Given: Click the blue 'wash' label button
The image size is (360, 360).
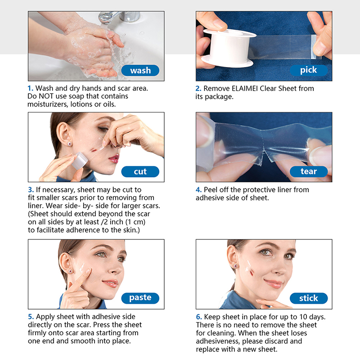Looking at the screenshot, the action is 140,70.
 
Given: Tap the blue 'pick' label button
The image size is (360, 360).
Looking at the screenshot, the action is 309,70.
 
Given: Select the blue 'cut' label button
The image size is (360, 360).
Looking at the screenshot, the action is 140,171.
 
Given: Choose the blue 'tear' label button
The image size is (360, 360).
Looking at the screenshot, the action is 309,171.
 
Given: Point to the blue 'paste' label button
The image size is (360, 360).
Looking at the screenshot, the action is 140,298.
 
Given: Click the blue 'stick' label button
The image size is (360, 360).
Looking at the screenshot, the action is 309,298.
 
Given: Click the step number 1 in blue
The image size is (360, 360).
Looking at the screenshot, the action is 30,88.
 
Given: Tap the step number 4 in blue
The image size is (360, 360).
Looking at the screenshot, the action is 198,190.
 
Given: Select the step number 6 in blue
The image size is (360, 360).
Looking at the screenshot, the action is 199,317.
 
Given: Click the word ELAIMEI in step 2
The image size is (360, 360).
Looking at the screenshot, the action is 245,88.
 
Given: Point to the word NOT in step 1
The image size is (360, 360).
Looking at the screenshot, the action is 46,96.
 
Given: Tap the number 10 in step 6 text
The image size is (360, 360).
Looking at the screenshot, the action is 303,317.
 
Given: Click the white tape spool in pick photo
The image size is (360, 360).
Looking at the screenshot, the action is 229,48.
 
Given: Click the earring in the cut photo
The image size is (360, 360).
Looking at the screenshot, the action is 70,144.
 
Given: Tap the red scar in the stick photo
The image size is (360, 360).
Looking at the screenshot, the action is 252,273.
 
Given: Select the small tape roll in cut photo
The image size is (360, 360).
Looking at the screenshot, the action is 80,161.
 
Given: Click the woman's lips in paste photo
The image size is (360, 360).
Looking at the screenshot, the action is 111,283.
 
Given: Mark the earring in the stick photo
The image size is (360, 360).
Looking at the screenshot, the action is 236,266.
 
